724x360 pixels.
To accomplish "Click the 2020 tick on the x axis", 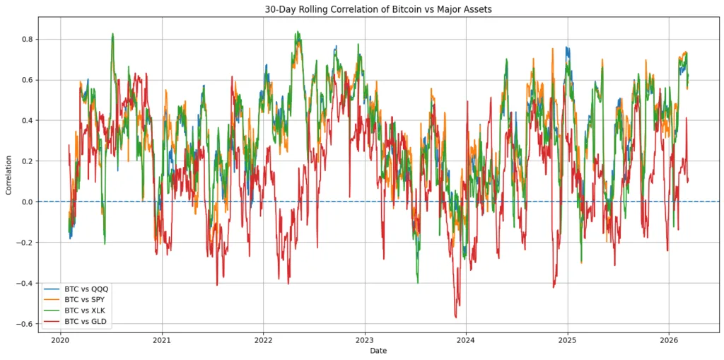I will (61, 338).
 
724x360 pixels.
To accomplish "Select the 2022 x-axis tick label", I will (263, 338).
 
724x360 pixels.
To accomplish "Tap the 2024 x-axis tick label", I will (466, 338).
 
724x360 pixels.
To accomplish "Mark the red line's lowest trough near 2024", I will (456, 317).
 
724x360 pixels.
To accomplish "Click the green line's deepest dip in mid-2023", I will (417, 282).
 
